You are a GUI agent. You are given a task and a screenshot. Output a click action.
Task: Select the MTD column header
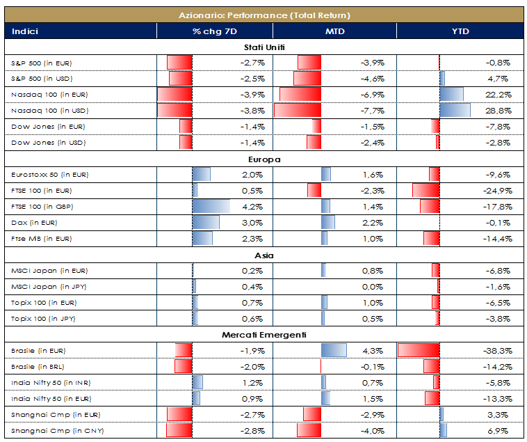[334, 31]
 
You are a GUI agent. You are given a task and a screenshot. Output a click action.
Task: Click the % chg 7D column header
[214, 31]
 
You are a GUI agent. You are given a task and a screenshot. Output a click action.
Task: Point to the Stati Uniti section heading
[265, 47]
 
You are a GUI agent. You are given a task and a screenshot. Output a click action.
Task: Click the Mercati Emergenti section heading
[265, 336]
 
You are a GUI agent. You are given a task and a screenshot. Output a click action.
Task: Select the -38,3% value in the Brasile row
[498, 351]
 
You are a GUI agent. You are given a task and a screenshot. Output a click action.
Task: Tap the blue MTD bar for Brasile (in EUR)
[334, 351]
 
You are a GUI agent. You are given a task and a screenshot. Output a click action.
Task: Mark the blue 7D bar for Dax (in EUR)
[206, 223]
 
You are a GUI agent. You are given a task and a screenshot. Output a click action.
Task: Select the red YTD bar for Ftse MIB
[432, 239]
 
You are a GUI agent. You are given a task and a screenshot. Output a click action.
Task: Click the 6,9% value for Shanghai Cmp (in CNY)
[501, 431]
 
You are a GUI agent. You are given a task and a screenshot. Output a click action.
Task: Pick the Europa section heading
[265, 159]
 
